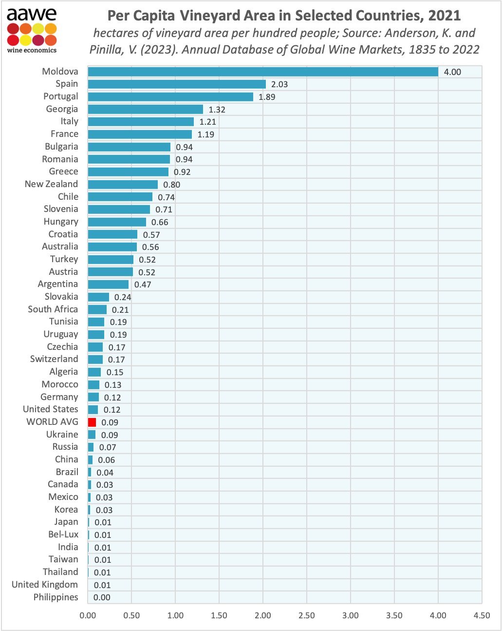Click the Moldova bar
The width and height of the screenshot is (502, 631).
(x=263, y=72)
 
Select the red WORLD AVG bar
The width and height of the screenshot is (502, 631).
(x=92, y=422)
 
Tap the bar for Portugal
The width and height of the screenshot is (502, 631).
(x=170, y=96)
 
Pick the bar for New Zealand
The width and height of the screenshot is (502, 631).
(x=123, y=184)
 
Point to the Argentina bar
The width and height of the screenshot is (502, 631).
(x=108, y=284)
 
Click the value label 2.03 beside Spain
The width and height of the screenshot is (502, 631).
(x=279, y=84)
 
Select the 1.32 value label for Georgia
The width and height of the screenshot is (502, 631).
(x=217, y=110)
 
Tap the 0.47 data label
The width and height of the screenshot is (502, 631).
(x=143, y=285)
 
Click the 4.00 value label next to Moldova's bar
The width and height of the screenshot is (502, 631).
(x=452, y=72)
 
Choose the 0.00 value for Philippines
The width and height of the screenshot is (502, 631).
(x=102, y=597)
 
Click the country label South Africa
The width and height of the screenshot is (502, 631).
(x=53, y=309)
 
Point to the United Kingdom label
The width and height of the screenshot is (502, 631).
(x=45, y=584)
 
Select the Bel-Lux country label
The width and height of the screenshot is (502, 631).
(x=63, y=535)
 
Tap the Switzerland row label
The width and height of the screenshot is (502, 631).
(x=54, y=359)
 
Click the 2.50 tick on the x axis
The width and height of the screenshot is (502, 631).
(x=307, y=615)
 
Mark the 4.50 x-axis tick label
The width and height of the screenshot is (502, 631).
(x=482, y=615)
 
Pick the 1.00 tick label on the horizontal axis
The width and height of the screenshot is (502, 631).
(x=175, y=615)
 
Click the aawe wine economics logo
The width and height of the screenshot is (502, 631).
(x=32, y=30)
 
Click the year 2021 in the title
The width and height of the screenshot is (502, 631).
(x=444, y=16)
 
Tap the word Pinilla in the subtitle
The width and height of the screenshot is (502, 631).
(x=108, y=50)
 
